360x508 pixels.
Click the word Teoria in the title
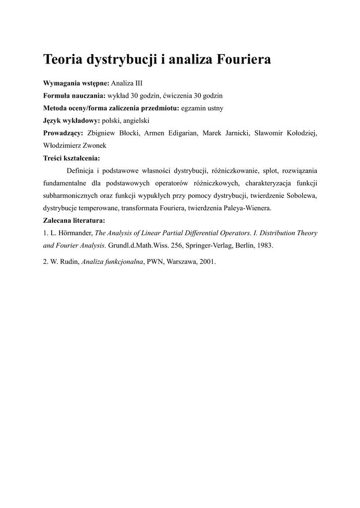(x=64, y=60)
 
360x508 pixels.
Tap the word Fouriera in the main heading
(x=243, y=60)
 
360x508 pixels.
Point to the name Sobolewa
(x=301, y=196)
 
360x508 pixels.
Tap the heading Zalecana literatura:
(x=74, y=221)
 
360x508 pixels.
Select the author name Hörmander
(x=74, y=233)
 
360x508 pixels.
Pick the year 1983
(x=265, y=246)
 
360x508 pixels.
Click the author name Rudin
(x=69, y=262)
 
